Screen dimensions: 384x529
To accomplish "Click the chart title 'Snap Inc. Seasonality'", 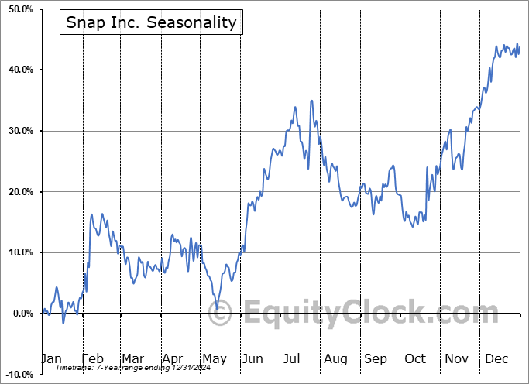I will click(151, 22).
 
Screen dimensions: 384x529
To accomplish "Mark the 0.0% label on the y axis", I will click(20, 314).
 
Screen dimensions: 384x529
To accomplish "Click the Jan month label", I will click(51, 358).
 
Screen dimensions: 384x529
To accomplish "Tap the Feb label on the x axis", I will click(92, 358).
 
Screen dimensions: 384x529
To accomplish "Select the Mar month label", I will click(132, 358).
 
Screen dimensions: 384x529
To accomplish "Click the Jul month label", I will click(293, 358).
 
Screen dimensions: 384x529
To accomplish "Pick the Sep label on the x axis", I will click(376, 358).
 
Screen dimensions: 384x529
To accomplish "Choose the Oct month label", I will click(415, 358).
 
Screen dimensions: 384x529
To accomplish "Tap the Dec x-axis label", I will click(496, 358).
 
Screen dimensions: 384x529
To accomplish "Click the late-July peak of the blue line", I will click(311, 101).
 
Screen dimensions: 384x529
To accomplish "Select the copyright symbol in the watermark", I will click(220, 314).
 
